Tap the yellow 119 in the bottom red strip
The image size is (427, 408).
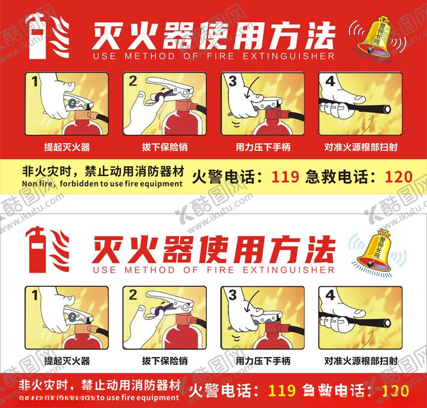[x=282, y=391]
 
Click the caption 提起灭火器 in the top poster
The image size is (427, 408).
[x=67, y=147]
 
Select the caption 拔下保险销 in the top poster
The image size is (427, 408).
[x=164, y=147]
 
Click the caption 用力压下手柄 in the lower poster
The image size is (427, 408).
[x=263, y=361]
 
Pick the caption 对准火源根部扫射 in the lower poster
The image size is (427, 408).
[x=361, y=361]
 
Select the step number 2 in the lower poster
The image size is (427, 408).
[x=132, y=295]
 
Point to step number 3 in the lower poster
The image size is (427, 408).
[x=232, y=295]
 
